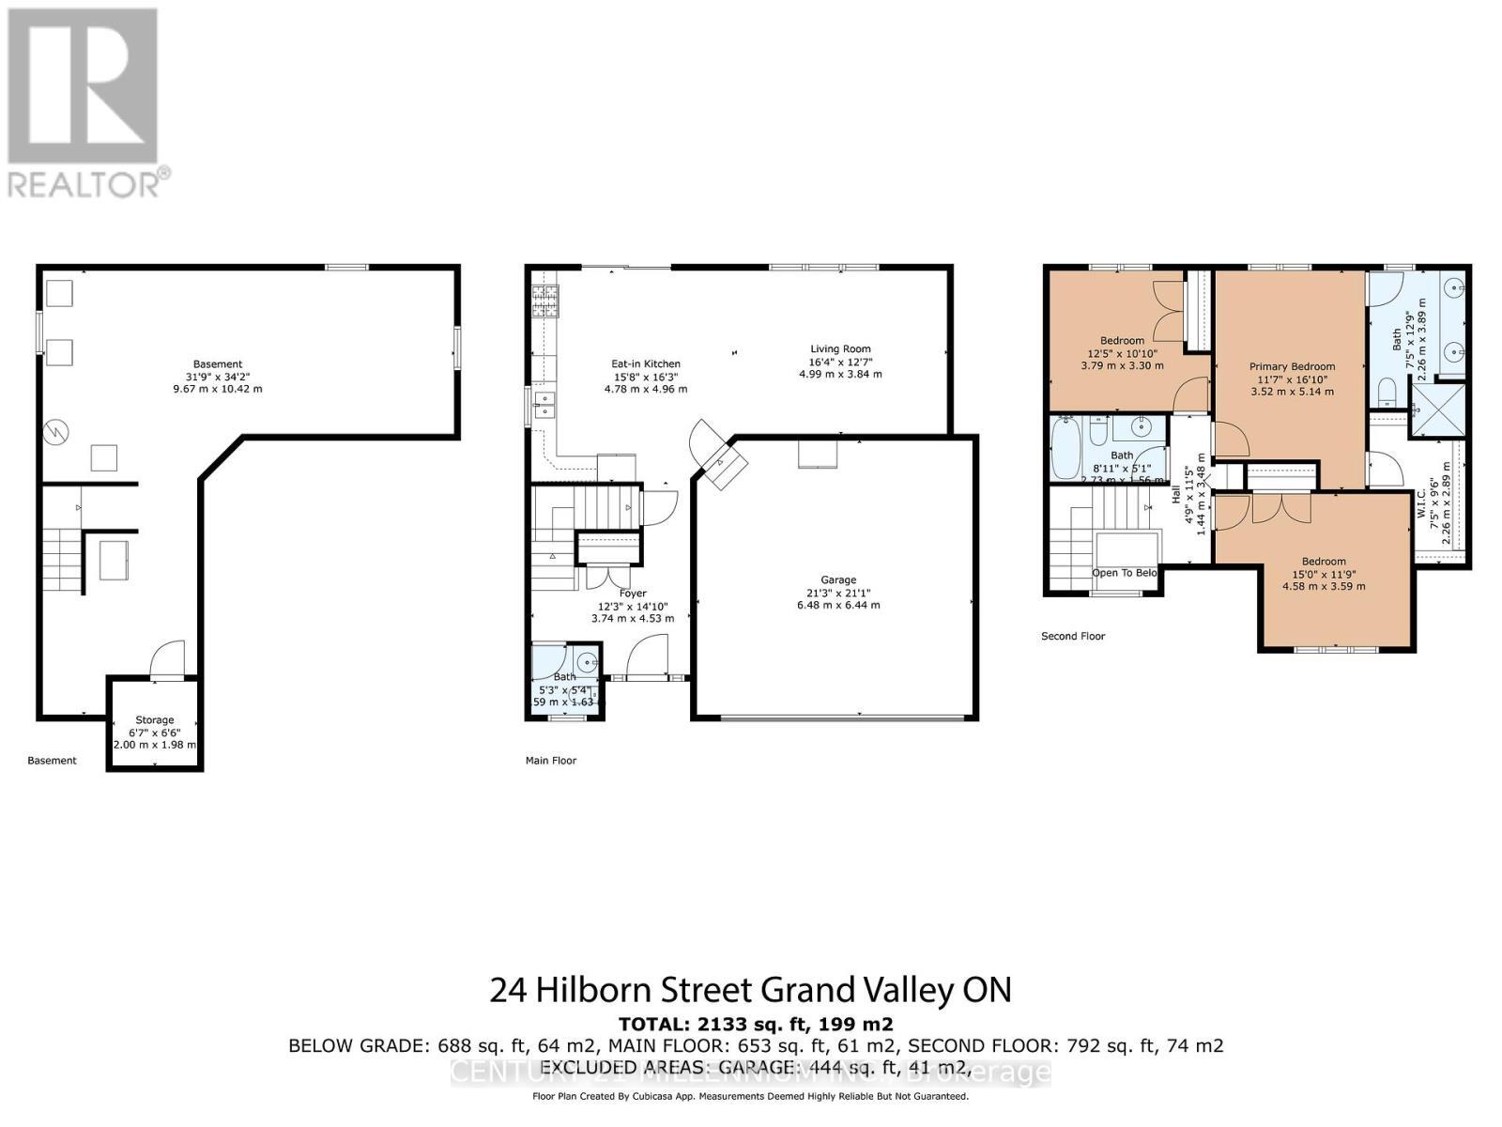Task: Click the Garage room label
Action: pyautogui.click(x=837, y=580)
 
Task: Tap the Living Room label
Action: pyautogui.click(x=840, y=349)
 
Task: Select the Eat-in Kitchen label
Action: pyautogui.click(x=646, y=364)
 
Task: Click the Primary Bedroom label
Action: pyautogui.click(x=1292, y=367)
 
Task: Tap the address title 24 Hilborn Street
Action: pyautogui.click(x=750, y=990)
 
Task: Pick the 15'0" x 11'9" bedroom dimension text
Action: pyautogui.click(x=1324, y=574)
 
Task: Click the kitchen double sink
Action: pyautogui.click(x=544, y=405)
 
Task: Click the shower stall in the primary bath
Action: pyautogui.click(x=1436, y=410)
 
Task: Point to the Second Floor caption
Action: pyautogui.click(x=1073, y=636)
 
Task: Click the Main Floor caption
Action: pyautogui.click(x=551, y=761)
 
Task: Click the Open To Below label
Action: pyautogui.click(x=1124, y=573)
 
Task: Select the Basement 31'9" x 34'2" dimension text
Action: pyautogui.click(x=218, y=377)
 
